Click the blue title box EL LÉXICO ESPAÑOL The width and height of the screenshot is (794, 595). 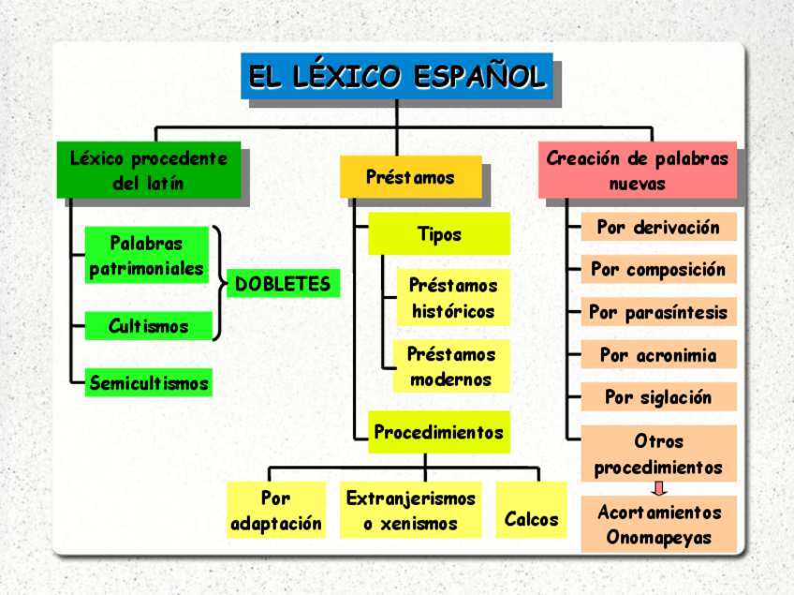pyautogui.click(x=396, y=76)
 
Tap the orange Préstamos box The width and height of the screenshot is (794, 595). pyautogui.click(x=410, y=176)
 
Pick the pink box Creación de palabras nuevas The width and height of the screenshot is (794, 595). pyautogui.click(x=637, y=170)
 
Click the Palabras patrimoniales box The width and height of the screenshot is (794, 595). pyautogui.click(x=146, y=255)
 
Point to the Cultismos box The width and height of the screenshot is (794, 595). pyautogui.click(x=148, y=326)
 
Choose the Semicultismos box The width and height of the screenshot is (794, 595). pyautogui.click(x=148, y=382)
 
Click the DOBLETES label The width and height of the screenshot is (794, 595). pyautogui.click(x=283, y=283)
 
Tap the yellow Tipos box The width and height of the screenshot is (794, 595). pyautogui.click(x=438, y=233)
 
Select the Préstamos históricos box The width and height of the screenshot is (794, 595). pyautogui.click(x=452, y=297)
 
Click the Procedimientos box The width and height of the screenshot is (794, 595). pyautogui.click(x=438, y=432)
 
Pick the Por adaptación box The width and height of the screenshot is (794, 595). pyautogui.click(x=276, y=510)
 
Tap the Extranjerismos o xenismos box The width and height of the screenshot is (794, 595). pyautogui.click(x=410, y=510)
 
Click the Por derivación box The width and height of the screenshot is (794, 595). pyautogui.click(x=658, y=227)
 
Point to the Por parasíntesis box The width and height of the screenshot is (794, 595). pyautogui.click(x=658, y=312)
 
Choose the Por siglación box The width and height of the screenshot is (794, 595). pyautogui.click(x=658, y=396)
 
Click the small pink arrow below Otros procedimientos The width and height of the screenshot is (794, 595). pyautogui.click(x=659, y=488)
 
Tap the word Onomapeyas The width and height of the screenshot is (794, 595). pyautogui.click(x=658, y=537)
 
